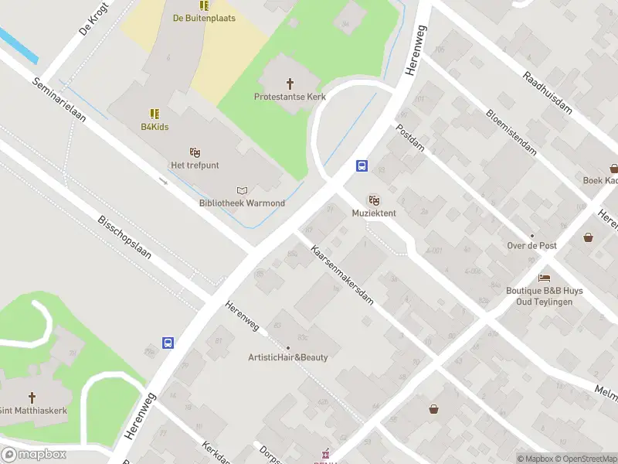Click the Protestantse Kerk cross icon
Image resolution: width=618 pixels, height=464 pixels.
coord(290,83)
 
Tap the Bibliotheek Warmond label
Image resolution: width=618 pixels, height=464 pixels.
coord(242,203)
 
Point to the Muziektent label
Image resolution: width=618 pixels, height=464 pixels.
coord(374,213)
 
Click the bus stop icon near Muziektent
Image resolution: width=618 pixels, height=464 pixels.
coord(361,165)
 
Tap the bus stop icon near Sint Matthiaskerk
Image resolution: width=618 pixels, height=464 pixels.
coord(168,343)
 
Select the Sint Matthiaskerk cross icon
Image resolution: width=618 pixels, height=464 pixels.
coord(32,397)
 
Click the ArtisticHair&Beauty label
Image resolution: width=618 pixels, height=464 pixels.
coord(287,357)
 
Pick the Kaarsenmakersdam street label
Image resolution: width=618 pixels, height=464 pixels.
coord(342,275)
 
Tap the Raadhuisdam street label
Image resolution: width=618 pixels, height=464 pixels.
coord(547,93)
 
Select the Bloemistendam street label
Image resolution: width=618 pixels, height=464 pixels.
coord(511,132)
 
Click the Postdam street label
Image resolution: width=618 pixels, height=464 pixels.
coord(410,138)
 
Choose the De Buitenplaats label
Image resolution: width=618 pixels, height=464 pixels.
coord(204,18)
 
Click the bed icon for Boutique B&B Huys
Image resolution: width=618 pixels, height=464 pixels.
coord(545,278)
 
